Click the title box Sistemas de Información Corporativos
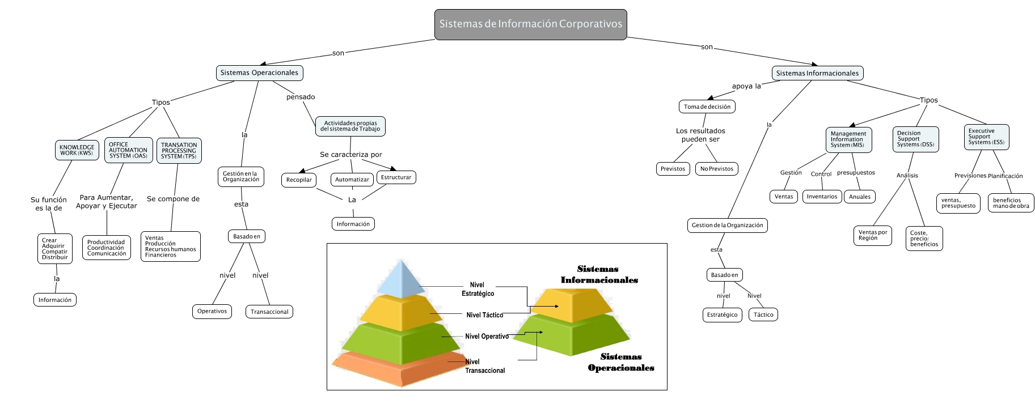[530, 24]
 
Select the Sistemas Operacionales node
[259, 73]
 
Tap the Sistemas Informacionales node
[817, 73]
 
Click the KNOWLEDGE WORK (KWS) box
[77, 150]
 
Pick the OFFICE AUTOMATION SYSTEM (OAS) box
[128, 150]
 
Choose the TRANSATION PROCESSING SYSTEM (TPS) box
[179, 151]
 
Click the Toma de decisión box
[707, 107]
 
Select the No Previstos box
[716, 169]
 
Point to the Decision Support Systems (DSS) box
[915, 139]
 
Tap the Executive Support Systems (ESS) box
[986, 137]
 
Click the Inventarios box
[822, 197]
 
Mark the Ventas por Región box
[872, 235]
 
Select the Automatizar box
[352, 180]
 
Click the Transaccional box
[269, 312]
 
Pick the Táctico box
[763, 315]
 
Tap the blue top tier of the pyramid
[402, 280]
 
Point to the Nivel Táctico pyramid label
[484, 315]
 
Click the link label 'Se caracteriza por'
[350, 155]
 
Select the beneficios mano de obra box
[1011, 203]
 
